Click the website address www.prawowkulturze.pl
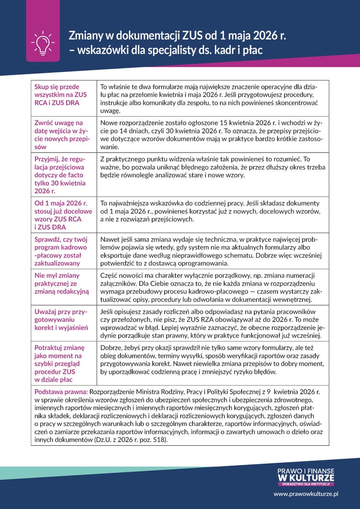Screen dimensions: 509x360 (306, 493)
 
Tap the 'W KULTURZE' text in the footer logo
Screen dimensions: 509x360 (306, 478)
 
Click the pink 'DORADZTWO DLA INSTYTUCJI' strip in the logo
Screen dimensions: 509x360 (306, 484)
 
